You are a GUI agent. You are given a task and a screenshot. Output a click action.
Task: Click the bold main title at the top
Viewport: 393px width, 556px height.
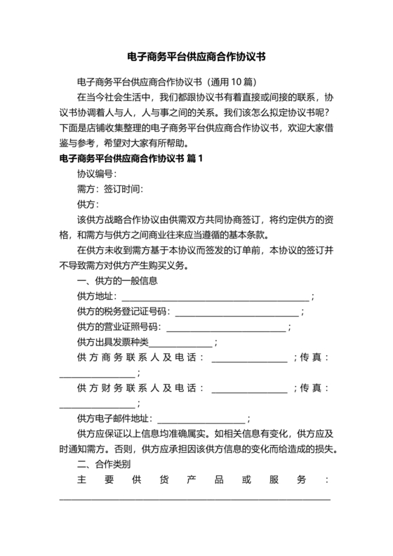pyautogui.click(x=196, y=55)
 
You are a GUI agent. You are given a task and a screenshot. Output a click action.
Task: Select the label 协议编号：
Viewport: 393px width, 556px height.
pyautogui.click(x=97, y=173)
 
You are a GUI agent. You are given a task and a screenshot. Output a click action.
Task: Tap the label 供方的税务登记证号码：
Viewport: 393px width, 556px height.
pyautogui.click(x=124, y=312)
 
